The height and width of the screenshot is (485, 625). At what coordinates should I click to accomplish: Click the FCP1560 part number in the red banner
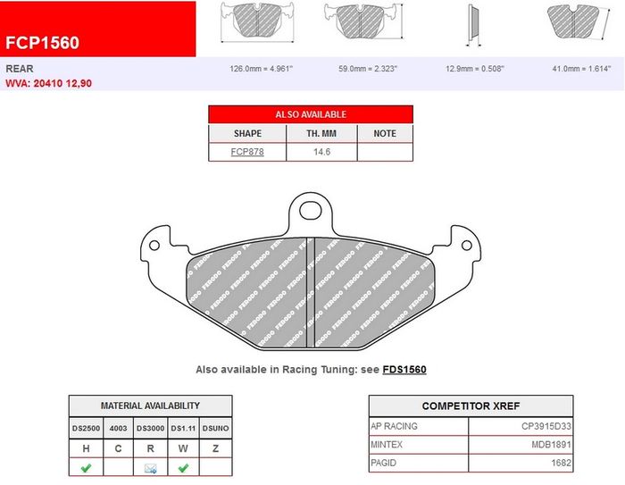pos(42,43)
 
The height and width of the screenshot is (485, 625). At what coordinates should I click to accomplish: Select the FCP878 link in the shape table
pos(247,152)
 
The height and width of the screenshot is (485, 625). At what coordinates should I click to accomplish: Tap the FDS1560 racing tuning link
pos(404,370)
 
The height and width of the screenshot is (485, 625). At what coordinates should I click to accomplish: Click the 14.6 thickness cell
pos(321,152)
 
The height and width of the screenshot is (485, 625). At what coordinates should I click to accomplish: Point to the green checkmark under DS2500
pos(86,467)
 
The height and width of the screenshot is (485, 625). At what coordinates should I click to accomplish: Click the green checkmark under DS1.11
pos(183,467)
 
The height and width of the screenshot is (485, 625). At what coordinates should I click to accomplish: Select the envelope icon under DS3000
pos(150,468)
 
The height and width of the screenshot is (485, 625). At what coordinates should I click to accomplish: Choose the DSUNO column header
pos(216,429)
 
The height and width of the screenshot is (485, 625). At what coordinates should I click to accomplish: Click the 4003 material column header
pos(118,429)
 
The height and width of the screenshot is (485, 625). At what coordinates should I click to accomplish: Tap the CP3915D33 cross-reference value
pos(546,426)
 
